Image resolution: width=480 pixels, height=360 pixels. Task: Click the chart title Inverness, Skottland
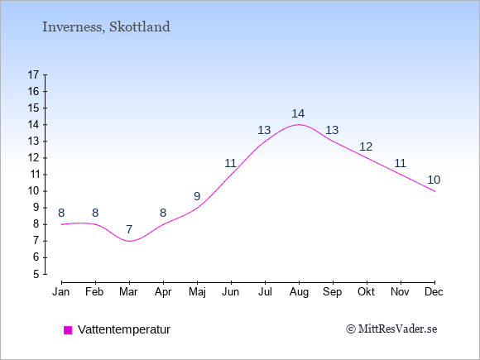pyautogui.click(x=106, y=26)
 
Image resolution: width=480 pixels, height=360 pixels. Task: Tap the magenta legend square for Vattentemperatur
pyautogui.click(x=68, y=330)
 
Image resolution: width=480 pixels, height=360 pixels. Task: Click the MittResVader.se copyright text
pyautogui.click(x=391, y=329)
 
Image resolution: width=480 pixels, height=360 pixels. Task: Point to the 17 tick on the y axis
pyautogui.click(x=33, y=74)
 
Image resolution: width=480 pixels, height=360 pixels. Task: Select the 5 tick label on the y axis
pyautogui.click(x=36, y=274)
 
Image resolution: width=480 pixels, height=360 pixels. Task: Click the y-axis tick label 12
pyautogui.click(x=33, y=158)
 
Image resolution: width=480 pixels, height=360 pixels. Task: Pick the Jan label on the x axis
pyautogui.click(x=61, y=292)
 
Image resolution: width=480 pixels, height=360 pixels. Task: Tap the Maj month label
pyautogui.click(x=197, y=292)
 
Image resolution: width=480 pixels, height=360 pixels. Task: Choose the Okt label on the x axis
pyautogui.click(x=366, y=292)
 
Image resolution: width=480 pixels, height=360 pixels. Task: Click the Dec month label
pyautogui.click(x=434, y=292)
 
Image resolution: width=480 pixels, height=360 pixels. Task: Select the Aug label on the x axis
pyautogui.click(x=299, y=292)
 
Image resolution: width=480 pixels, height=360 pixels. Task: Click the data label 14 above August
pyautogui.click(x=298, y=114)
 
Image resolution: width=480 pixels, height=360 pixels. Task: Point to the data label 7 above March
pyautogui.click(x=129, y=229)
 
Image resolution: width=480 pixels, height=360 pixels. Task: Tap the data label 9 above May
pyautogui.click(x=197, y=196)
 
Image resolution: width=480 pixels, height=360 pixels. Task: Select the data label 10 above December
pyautogui.click(x=434, y=180)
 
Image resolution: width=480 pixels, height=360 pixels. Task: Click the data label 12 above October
pyautogui.click(x=366, y=147)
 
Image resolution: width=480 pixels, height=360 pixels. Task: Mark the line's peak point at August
pyautogui.click(x=299, y=125)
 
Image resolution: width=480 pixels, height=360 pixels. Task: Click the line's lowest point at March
pyautogui.click(x=129, y=241)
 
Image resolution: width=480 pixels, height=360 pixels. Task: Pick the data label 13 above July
pyautogui.click(x=264, y=131)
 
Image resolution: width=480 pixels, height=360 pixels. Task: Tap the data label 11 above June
pyautogui.click(x=231, y=164)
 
